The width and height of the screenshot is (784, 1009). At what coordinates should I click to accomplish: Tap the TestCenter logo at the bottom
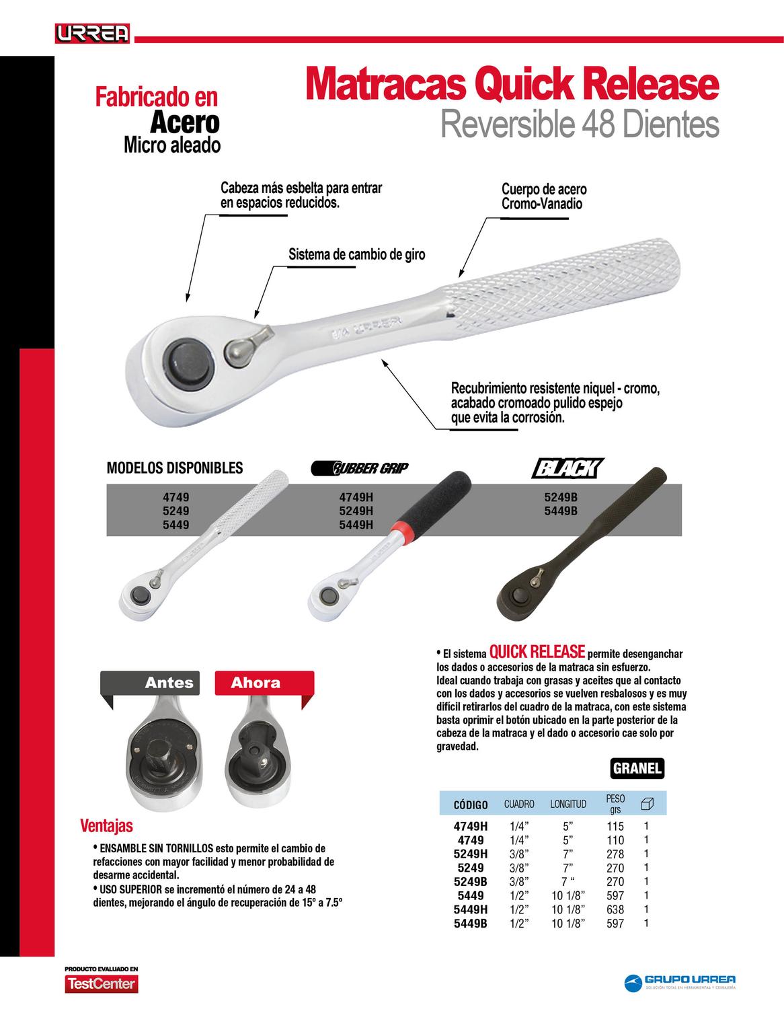[x=101, y=984]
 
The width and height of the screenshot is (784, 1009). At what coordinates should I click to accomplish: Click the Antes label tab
[x=169, y=683]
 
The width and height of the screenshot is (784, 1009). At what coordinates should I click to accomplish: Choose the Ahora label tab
[x=256, y=683]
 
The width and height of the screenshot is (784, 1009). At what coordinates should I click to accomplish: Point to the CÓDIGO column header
[x=471, y=804]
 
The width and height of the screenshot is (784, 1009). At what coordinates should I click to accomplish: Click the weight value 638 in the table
[x=615, y=909]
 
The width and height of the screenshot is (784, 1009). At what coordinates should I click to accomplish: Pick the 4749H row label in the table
[x=471, y=826]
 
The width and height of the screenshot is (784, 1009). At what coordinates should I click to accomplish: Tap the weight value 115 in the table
[x=615, y=826]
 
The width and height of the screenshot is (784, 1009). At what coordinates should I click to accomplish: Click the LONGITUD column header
[x=568, y=804]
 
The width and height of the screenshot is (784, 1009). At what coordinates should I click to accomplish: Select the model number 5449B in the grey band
[x=561, y=511]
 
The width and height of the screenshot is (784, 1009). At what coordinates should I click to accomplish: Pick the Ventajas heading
[x=106, y=825]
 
